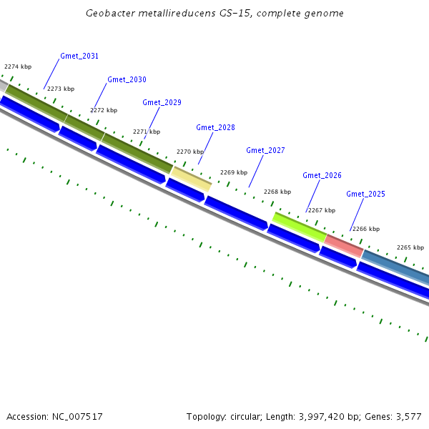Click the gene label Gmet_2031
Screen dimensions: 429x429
click(x=79, y=56)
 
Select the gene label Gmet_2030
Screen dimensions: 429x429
click(x=127, y=79)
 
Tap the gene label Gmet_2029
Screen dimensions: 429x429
click(x=162, y=102)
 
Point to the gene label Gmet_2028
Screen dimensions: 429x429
click(x=215, y=127)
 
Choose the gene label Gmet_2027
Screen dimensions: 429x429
click(x=265, y=150)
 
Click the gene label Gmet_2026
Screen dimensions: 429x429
click(x=322, y=175)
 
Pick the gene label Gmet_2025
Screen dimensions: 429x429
click(x=365, y=194)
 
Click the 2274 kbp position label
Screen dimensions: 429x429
click(x=18, y=66)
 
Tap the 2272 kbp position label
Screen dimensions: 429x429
click(x=104, y=110)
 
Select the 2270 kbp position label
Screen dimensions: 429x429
click(x=190, y=152)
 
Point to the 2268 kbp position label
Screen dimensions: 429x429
click(x=277, y=192)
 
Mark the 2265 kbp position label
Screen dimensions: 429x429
click(x=410, y=247)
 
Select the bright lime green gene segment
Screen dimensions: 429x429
click(x=300, y=225)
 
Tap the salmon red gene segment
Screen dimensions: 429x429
click(x=344, y=245)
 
